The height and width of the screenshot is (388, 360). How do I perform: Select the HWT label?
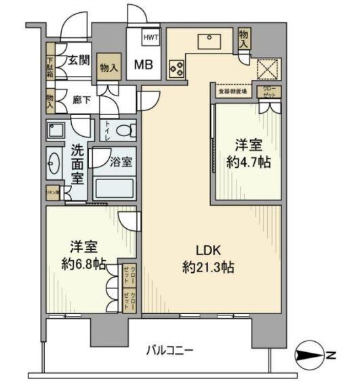coord(151,38)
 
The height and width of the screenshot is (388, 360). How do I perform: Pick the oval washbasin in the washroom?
coord(55,163)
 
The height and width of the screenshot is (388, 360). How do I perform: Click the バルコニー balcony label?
coord(170,350)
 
